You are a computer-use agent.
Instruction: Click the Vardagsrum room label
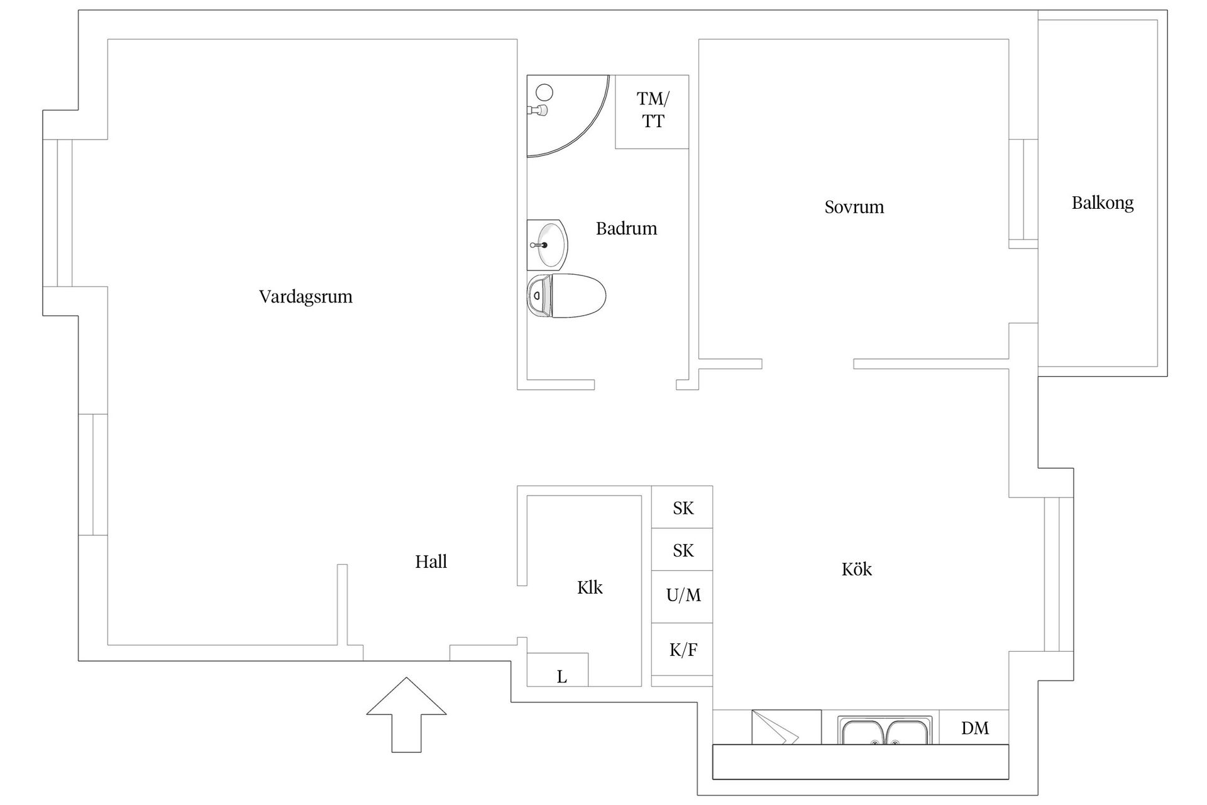coord(306,297)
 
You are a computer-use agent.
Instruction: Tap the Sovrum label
coord(854,207)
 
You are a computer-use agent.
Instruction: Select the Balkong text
coord(1102,203)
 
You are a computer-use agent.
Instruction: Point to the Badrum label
coord(626,228)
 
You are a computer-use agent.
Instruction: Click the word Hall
coord(431,562)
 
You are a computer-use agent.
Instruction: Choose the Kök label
coord(856,569)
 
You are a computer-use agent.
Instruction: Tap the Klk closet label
coord(590,587)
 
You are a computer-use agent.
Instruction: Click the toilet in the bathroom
coord(566,296)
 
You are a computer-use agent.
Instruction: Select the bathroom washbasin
coord(547,245)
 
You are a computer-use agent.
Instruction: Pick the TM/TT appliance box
coord(652,111)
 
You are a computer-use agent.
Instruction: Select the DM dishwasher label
coord(974,728)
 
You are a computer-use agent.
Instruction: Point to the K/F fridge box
coord(682,650)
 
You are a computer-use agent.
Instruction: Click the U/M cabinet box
coord(682,595)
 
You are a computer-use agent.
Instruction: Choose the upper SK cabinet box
coord(682,508)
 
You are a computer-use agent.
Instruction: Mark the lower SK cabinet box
coord(682,550)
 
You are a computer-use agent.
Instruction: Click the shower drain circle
coord(544,92)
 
